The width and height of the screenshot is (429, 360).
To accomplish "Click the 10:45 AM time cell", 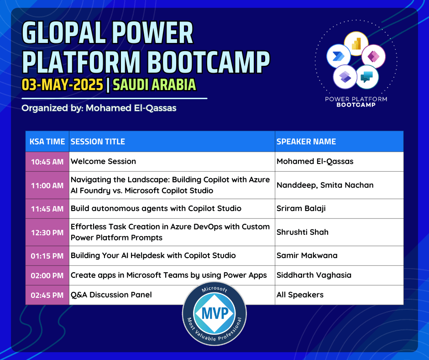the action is pyautogui.click(x=47, y=162).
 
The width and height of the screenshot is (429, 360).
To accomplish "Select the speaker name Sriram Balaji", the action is pyautogui.click(x=301, y=208).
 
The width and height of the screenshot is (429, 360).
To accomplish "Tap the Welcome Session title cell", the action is pyautogui.click(x=172, y=162).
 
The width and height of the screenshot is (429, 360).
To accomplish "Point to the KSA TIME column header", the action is pyautogui.click(x=47, y=141).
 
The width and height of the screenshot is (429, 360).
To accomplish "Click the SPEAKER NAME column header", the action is pyautogui.click(x=339, y=141).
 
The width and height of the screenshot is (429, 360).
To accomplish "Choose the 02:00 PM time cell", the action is pyautogui.click(x=47, y=275).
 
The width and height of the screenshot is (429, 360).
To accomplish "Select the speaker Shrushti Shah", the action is pyautogui.click(x=302, y=232).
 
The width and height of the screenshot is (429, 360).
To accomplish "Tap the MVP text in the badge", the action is pyautogui.click(x=215, y=313).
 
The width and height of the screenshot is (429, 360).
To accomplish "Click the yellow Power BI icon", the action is pyautogui.click(x=356, y=44).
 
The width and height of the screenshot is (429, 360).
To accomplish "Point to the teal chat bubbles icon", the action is pyautogui.click(x=367, y=77).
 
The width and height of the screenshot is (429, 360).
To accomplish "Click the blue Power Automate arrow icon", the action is pyautogui.click(x=339, y=56).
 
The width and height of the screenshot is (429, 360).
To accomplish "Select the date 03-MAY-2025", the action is pyautogui.click(x=63, y=85).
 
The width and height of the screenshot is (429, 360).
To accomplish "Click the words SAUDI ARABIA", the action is pyautogui.click(x=154, y=85).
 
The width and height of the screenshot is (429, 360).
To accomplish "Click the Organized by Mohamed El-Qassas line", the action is pyautogui.click(x=99, y=108).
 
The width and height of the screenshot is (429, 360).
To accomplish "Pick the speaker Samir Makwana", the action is pyautogui.click(x=307, y=256).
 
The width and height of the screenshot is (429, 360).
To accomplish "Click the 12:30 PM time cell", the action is pyautogui.click(x=47, y=233).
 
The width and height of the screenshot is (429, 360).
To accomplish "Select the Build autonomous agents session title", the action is pyautogui.click(x=156, y=208).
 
